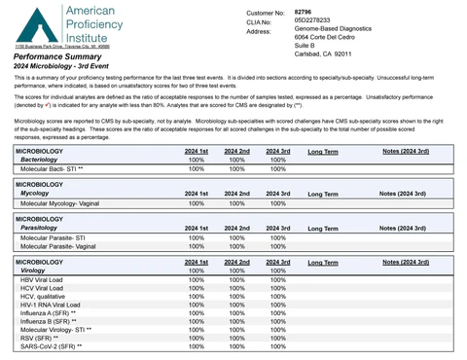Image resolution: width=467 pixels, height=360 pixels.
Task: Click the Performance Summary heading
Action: point(55,58)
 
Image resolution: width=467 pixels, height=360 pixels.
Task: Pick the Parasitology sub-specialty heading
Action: point(44,228)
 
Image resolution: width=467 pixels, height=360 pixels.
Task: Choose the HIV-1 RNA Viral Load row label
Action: point(53,305)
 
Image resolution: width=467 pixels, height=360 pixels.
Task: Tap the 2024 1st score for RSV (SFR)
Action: point(197,337)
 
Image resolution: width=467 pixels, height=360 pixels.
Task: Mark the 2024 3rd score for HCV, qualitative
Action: point(277,297)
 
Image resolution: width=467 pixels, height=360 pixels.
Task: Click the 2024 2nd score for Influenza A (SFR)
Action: point(237,312)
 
